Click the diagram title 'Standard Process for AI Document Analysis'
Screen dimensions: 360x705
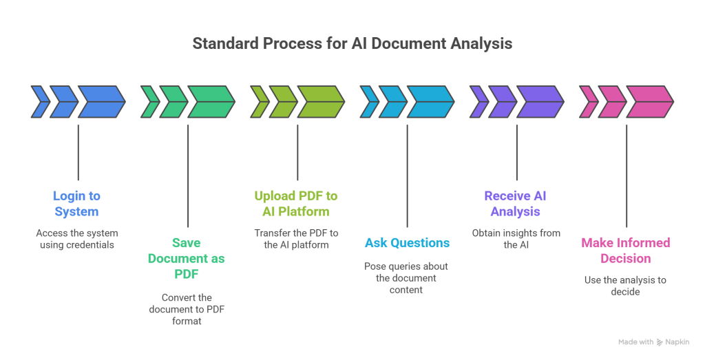pyautogui.click(x=352, y=43)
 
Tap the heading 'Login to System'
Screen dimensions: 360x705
pyautogui.click(x=77, y=204)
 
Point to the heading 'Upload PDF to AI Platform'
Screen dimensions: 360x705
pyautogui.click(x=296, y=204)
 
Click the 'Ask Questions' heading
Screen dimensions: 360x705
pyautogui.click(x=407, y=243)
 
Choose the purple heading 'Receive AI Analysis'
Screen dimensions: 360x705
pyautogui.click(x=516, y=204)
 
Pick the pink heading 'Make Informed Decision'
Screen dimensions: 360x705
pyautogui.click(x=625, y=251)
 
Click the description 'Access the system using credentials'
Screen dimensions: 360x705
pyautogui.click(x=77, y=239)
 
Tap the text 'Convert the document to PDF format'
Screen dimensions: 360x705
pyautogui.click(x=187, y=309)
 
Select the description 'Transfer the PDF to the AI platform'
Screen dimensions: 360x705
pyautogui.click(x=296, y=239)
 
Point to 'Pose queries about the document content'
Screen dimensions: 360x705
pyautogui.click(x=406, y=278)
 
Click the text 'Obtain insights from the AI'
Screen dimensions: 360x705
pyautogui.click(x=516, y=239)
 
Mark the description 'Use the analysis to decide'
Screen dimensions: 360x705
pyautogui.click(x=625, y=286)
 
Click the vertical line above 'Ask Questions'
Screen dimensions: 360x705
pyautogui.click(x=407, y=176)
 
